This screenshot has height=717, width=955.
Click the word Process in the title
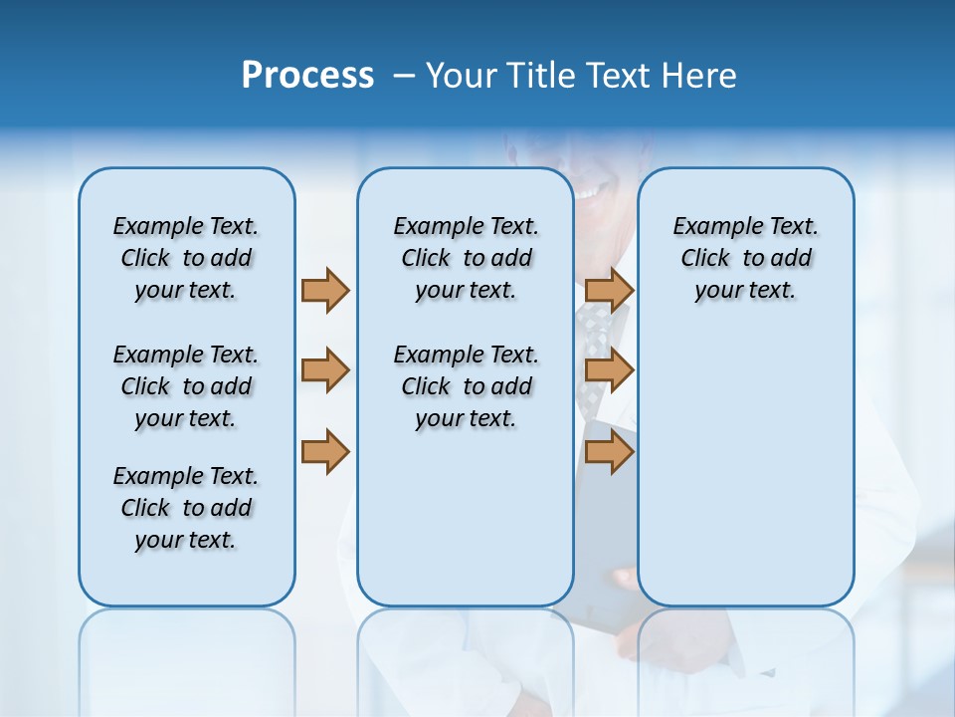pyautogui.click(x=307, y=76)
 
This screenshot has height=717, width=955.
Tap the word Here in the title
pyautogui.click(x=698, y=76)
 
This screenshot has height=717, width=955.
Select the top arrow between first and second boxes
pyautogui.click(x=324, y=290)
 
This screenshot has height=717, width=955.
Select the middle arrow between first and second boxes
pyautogui.click(x=324, y=370)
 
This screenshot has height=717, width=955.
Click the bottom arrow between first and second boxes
pyautogui.click(x=324, y=451)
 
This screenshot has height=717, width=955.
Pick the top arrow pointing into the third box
pyautogui.click(x=609, y=290)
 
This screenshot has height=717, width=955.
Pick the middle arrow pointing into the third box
pyautogui.click(x=609, y=370)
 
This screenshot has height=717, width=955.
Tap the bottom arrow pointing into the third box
pyautogui.click(x=609, y=451)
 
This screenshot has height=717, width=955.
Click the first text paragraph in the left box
pyautogui.click(x=186, y=258)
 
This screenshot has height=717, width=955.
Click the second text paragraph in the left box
pyautogui.click(x=186, y=386)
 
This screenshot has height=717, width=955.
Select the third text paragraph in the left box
pyautogui.click(x=186, y=508)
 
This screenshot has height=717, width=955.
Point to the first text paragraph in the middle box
pyautogui.click(x=466, y=258)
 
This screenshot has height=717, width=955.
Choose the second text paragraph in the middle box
pyautogui.click(x=466, y=386)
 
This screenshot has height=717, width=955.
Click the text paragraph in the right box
pyautogui.click(x=745, y=258)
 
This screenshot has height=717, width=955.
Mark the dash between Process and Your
pyautogui.click(x=403, y=76)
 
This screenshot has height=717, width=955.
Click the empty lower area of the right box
pyautogui.click(x=745, y=478)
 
